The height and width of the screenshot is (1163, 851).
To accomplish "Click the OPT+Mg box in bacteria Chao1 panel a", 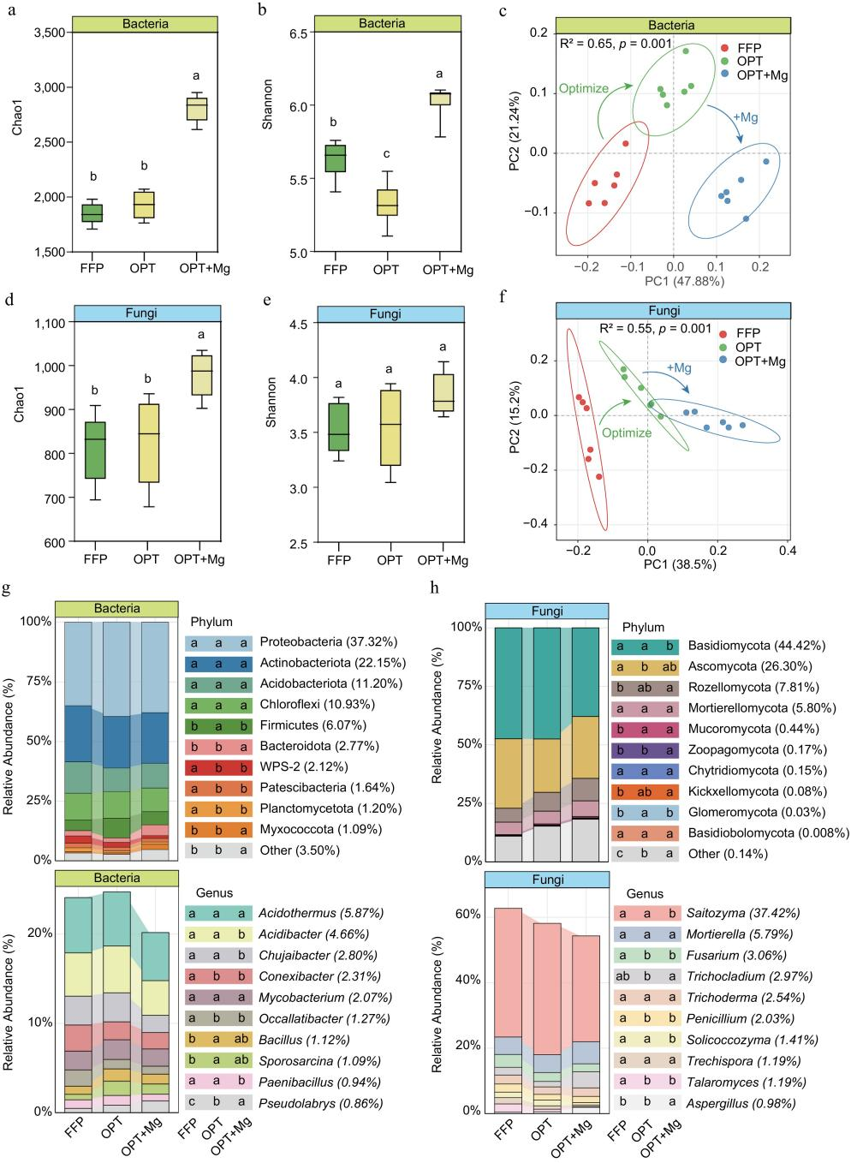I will [198, 109].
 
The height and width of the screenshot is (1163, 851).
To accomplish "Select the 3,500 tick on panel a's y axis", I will [51, 33].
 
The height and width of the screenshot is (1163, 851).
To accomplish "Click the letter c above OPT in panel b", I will [388, 154].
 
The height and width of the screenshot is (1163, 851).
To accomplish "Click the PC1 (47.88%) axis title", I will [673, 280].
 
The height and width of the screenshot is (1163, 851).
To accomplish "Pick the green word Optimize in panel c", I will [583, 88].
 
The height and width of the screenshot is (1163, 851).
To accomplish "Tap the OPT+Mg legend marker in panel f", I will [725, 361].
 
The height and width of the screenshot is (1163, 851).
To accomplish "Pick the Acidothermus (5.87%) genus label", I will [316, 914].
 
